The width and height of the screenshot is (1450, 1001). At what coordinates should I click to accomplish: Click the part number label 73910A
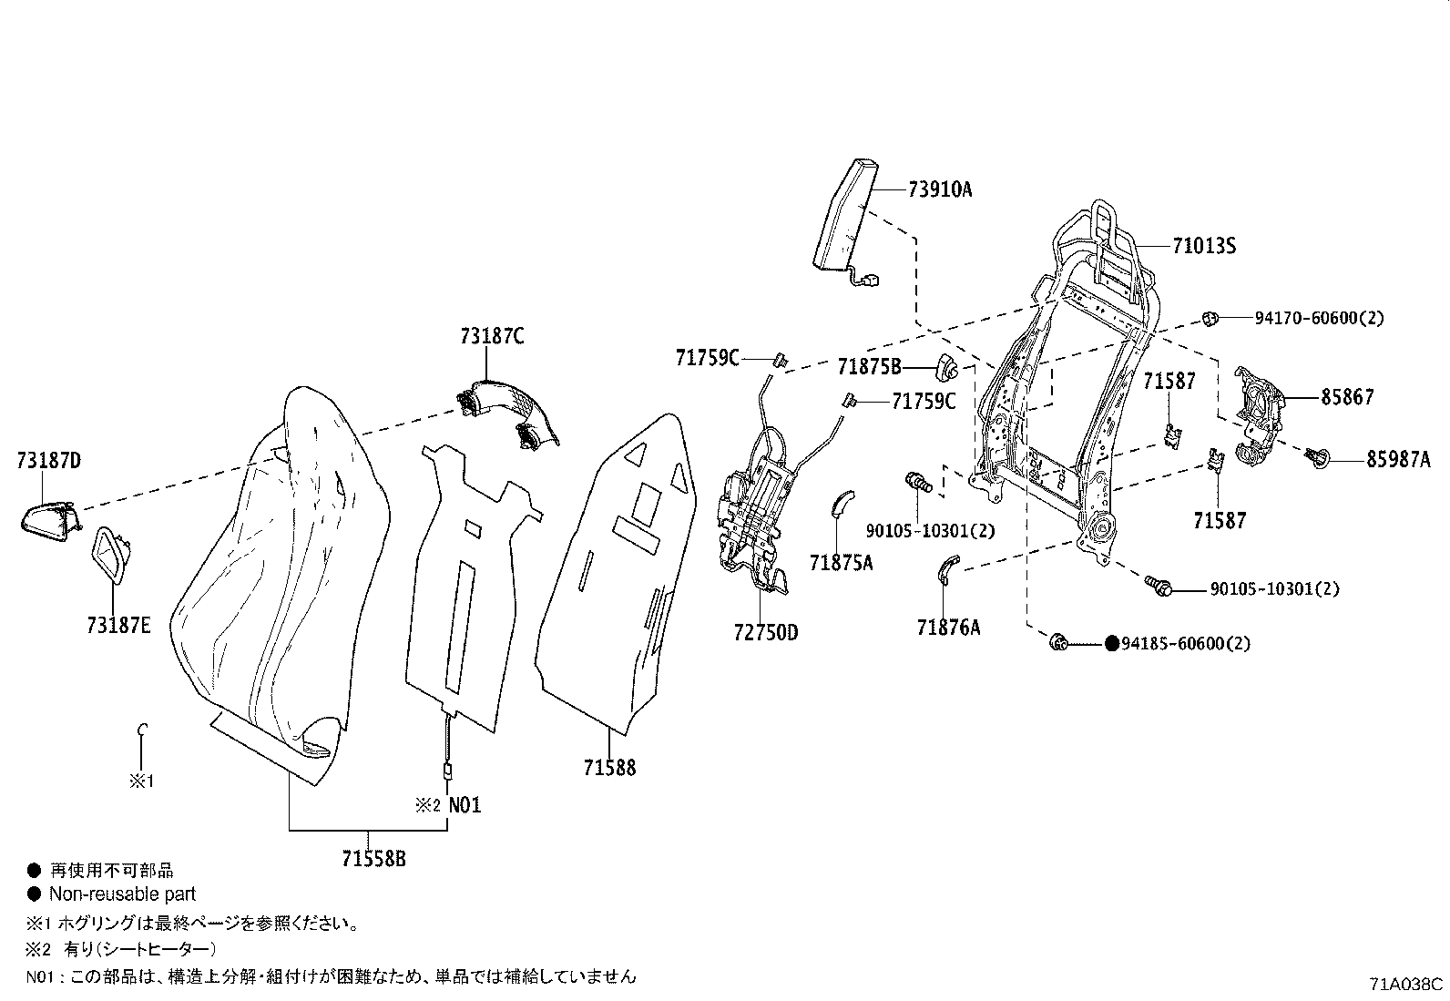(x=940, y=189)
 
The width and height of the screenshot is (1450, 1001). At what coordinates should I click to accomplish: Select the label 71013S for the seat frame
(x=1204, y=246)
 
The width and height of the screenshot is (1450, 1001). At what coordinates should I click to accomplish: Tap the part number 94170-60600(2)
(x=1319, y=318)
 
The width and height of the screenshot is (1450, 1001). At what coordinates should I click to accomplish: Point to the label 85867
(x=1347, y=397)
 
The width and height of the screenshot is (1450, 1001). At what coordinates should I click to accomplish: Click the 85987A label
(x=1398, y=459)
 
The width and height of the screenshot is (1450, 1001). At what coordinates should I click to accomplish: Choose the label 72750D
(x=766, y=633)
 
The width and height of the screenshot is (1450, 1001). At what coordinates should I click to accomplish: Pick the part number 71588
(x=609, y=768)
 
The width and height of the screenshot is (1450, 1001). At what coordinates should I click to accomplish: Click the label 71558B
(x=374, y=859)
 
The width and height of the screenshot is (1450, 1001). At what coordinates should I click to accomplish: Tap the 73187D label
(x=49, y=460)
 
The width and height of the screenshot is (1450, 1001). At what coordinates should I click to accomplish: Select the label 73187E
(x=119, y=625)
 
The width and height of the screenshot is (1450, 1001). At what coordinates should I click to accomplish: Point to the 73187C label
(x=493, y=336)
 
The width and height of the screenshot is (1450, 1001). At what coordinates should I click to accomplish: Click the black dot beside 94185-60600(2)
(x=1111, y=643)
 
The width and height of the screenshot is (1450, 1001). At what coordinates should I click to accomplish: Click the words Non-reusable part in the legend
(x=122, y=894)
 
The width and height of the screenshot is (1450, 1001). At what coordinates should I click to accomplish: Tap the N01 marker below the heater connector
(x=465, y=805)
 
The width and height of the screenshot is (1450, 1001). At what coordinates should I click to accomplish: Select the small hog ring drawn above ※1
(x=142, y=730)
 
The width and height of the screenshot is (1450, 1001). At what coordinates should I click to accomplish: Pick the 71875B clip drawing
(x=945, y=367)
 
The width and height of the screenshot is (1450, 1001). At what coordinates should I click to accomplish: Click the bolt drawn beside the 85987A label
(x=1315, y=458)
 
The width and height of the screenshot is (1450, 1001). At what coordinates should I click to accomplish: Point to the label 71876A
(x=949, y=628)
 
